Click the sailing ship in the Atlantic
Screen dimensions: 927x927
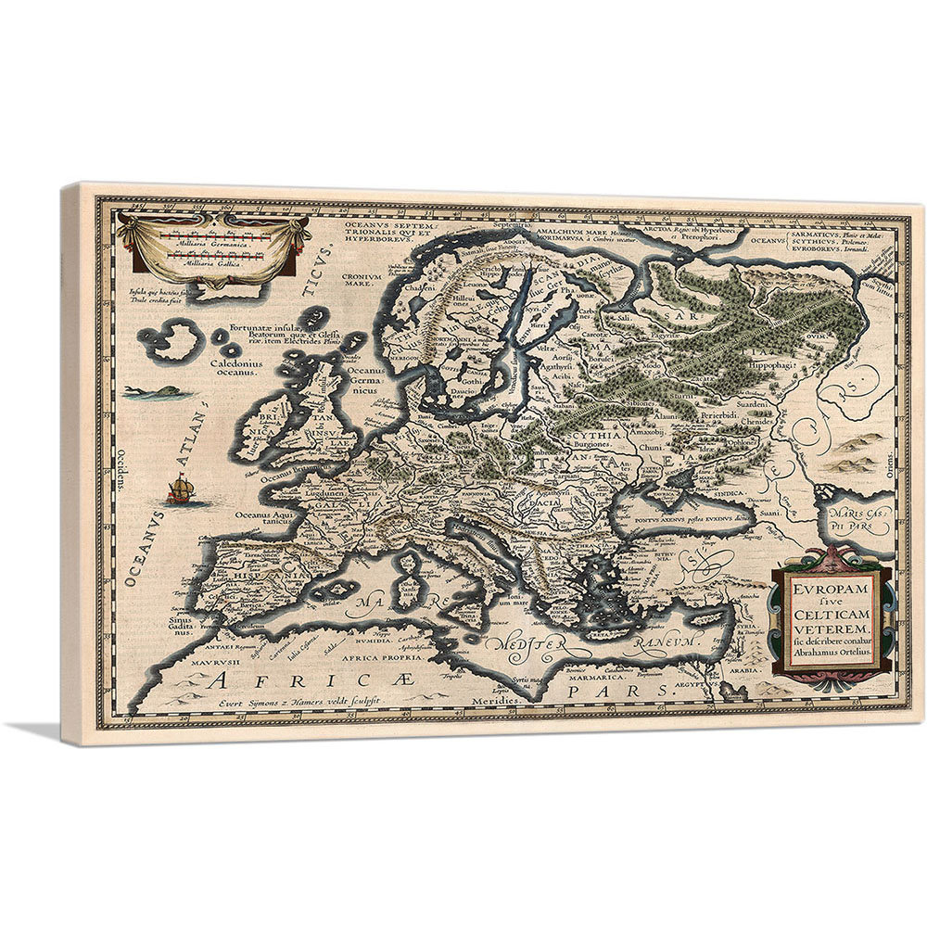pos(180,489)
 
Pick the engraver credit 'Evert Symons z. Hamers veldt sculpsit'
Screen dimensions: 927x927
pos(288,702)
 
